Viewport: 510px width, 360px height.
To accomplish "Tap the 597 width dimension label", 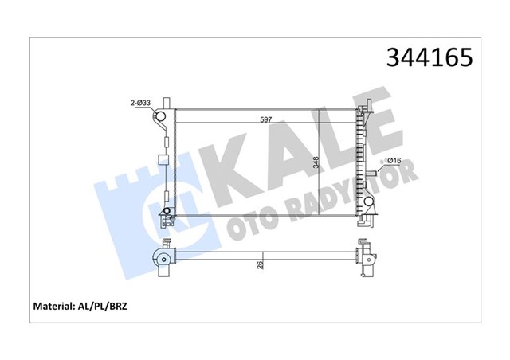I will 265,120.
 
